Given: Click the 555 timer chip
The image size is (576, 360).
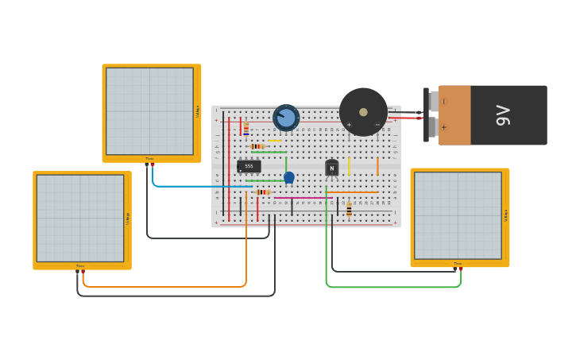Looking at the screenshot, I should click(249, 166).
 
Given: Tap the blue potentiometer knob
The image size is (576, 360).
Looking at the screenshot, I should click(286, 118).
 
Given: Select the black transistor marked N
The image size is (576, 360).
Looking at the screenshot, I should click(331, 168).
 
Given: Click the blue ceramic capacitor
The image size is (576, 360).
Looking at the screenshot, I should click(289, 177).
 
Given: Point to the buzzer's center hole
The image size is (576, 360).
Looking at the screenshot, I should click(363, 112).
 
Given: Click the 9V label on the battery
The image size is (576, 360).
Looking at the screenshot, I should click(503, 115).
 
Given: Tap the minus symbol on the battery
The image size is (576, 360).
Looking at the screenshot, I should click(443, 102).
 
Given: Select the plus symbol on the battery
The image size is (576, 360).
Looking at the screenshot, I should click(443, 127).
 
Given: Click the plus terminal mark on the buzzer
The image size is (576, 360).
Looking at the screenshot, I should click(349, 125).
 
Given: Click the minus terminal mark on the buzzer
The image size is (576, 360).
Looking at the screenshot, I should click(377, 125).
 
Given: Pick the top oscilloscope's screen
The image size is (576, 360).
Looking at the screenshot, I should click(149, 111).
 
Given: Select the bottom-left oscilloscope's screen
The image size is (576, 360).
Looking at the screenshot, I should click(80, 218).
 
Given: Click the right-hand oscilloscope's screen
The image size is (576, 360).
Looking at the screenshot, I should click(458, 215).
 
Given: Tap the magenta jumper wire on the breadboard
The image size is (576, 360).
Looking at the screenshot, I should click(302, 197).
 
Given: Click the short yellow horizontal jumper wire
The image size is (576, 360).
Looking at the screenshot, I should click(274, 141).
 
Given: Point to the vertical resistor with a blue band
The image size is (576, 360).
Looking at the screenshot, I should click(246, 128).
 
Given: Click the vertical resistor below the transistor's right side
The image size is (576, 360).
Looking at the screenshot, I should click(349, 209).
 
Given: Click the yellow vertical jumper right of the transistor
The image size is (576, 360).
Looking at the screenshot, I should click(349, 165).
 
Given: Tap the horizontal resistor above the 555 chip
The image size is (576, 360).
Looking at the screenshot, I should click(257, 146).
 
